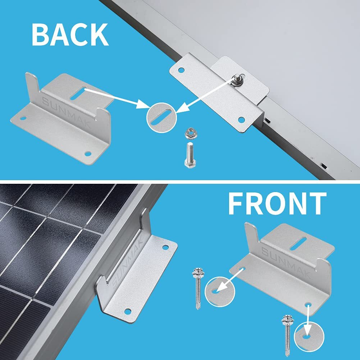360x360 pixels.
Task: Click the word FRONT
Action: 277,204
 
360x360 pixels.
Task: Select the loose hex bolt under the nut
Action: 190,154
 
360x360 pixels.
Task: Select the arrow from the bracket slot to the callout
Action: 115,97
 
